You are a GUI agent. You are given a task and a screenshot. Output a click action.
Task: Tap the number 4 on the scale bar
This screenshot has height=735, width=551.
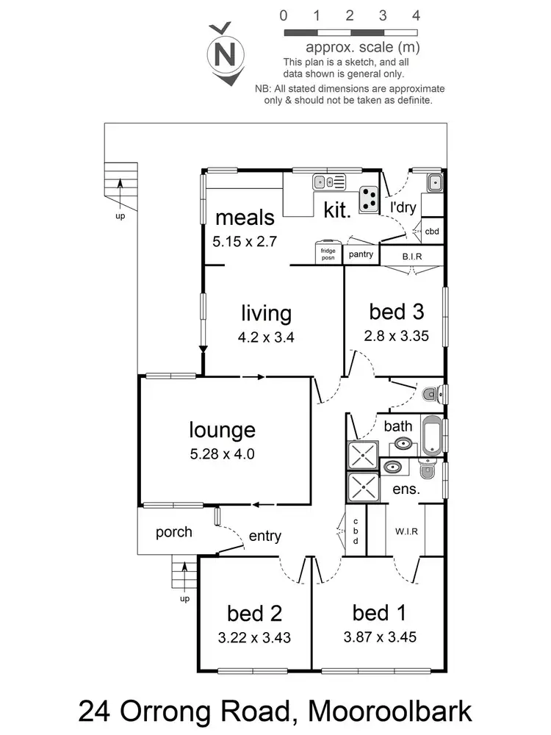pyautogui.click(x=417, y=15)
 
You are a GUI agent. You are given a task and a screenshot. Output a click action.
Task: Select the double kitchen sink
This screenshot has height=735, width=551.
pyautogui.click(x=324, y=182)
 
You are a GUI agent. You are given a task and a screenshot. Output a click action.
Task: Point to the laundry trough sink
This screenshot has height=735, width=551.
pyautogui.click(x=433, y=182)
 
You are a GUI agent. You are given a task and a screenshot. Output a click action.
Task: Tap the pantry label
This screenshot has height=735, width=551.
pyautogui.click(x=361, y=254)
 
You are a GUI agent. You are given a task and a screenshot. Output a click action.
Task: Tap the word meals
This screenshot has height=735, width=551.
pyautogui.click(x=245, y=218)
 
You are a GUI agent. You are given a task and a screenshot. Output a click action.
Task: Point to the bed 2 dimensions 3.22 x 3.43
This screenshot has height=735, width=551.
pyautogui.click(x=254, y=638)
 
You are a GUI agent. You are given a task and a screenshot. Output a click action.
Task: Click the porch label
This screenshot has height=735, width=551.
pyautogui.click(x=174, y=531)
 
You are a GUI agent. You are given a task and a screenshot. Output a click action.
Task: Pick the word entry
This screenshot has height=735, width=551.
pyautogui.click(x=264, y=537)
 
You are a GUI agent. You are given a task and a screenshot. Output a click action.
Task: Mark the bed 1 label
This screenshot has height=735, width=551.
pyautogui.click(x=379, y=612)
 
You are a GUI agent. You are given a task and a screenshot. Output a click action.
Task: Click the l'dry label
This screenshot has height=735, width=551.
pyautogui.click(x=403, y=208)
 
